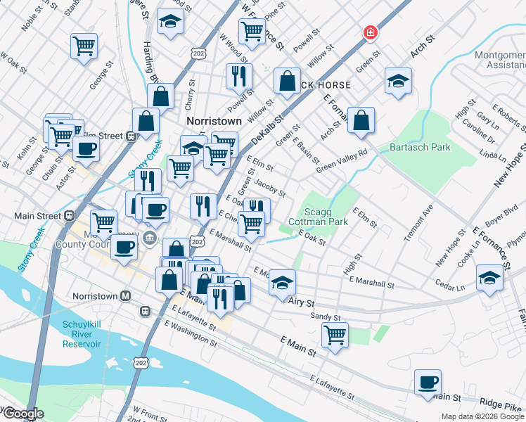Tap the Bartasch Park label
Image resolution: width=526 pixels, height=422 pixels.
(x=420, y=148)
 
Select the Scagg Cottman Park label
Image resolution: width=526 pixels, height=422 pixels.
(x=318, y=217)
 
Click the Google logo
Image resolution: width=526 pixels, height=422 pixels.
(x=23, y=414)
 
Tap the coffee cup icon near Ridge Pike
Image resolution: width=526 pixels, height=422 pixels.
(x=428, y=383)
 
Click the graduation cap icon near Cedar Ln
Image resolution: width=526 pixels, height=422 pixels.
(x=489, y=278)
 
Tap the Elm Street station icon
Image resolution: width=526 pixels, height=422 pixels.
(x=131, y=136)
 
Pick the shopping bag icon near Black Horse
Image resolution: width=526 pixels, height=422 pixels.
(x=287, y=81)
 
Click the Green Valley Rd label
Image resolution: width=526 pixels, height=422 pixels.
(x=342, y=161)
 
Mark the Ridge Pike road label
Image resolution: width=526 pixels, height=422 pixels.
(x=501, y=406)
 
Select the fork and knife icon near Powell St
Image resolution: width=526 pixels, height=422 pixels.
(x=239, y=75)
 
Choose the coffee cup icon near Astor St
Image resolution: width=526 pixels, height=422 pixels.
(x=86, y=149)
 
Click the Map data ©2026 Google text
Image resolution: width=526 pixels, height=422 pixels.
(x=482, y=416)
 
